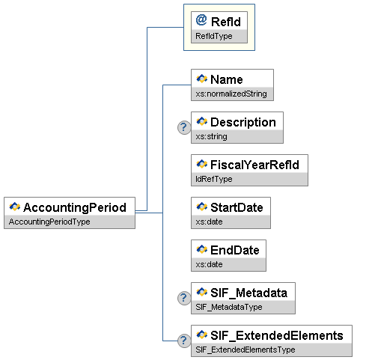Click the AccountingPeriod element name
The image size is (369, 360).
75,207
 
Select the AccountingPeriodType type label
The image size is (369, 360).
49,222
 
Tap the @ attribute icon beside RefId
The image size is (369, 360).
201,20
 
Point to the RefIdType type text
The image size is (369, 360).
214,36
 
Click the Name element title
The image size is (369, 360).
227,79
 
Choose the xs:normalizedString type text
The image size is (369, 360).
231,94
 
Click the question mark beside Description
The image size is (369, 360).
184,127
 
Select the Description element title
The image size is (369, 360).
243,122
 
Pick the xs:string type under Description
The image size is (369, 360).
211,136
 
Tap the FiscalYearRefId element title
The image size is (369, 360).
254,165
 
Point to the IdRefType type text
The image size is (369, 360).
214,179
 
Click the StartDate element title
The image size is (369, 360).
237,207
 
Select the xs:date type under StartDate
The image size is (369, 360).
209,222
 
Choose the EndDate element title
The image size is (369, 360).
235,250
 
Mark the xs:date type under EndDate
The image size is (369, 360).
209,264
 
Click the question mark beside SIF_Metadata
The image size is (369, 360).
184,298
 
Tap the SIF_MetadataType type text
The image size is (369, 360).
229,307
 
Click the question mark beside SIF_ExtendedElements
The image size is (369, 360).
184,341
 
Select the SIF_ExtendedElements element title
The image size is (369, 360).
277,335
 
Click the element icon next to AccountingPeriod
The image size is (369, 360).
15,207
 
